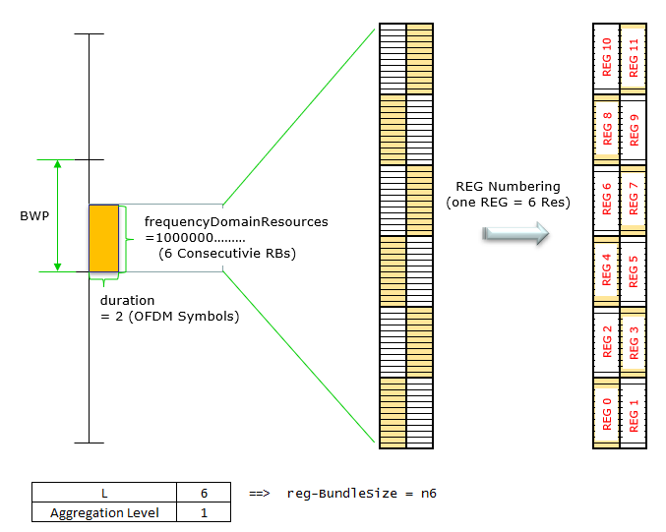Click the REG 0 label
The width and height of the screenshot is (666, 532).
tap(607, 414)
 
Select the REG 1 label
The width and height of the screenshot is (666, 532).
tap(633, 414)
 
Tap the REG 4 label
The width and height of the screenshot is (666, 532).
tap(607, 270)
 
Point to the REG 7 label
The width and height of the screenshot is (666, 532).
tap(633, 200)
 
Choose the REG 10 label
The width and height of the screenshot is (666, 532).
tap(607, 57)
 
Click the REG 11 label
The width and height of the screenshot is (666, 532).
tap(633, 57)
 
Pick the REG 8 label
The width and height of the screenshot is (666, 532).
tap(607, 129)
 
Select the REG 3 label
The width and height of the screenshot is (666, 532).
tap(633, 342)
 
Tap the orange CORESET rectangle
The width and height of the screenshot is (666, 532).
tap(103, 238)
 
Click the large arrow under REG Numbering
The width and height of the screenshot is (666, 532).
tap(515, 233)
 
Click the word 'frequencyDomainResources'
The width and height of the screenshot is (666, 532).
tap(236, 222)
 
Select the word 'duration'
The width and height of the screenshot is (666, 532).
tap(128, 299)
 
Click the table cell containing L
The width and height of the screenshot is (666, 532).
tap(103, 493)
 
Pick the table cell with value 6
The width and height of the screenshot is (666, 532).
tap(203, 493)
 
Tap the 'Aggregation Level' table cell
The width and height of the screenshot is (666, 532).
tap(103, 511)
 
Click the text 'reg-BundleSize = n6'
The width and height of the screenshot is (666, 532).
tap(361, 493)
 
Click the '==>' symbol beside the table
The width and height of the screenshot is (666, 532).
tap(258, 493)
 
